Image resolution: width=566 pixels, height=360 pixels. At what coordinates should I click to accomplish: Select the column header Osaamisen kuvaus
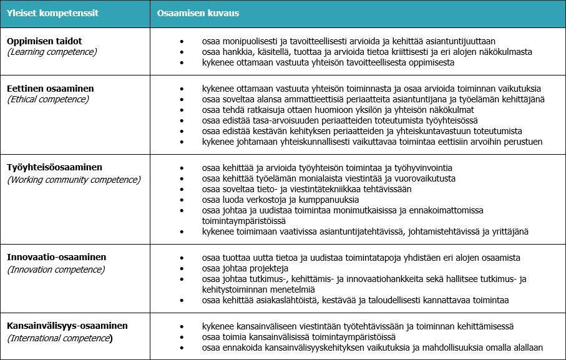coord(198,13)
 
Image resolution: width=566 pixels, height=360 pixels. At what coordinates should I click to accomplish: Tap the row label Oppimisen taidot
coord(44,41)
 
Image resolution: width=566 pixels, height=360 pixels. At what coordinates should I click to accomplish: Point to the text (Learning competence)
coord(52,52)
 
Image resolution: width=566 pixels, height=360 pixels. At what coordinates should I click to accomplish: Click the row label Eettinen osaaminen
coord(51,89)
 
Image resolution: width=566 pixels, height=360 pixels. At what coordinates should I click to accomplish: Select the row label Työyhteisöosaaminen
coord(54,168)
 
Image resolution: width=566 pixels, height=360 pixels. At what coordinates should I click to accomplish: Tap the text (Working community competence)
coord(74,180)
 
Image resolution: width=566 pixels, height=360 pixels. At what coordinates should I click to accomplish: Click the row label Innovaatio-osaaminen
coord(57,257)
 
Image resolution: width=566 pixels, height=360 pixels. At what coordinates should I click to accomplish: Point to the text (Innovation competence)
coord(56,270)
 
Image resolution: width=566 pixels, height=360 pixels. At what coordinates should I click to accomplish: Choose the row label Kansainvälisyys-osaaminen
coord(67,326)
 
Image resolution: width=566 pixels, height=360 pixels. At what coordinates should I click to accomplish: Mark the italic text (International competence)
coord(60,338)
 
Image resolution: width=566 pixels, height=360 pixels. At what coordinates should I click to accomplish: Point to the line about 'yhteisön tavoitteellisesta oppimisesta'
coord(328,62)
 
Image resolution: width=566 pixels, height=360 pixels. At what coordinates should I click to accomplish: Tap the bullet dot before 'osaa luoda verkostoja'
coord(182,200)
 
